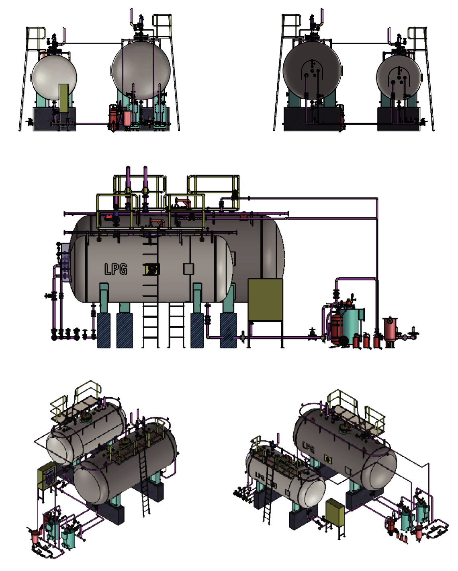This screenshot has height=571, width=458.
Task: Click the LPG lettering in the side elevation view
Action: [x=116, y=269]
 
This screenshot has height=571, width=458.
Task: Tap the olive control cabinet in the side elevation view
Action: [x=265, y=300]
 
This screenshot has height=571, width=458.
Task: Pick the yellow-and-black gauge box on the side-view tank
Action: [x=152, y=269]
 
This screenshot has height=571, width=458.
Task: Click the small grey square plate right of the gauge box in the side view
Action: [x=188, y=269]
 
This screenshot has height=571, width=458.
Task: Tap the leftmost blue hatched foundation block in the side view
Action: [x=104, y=331]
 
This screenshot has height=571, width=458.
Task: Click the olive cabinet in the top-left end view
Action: [x=63, y=99]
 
